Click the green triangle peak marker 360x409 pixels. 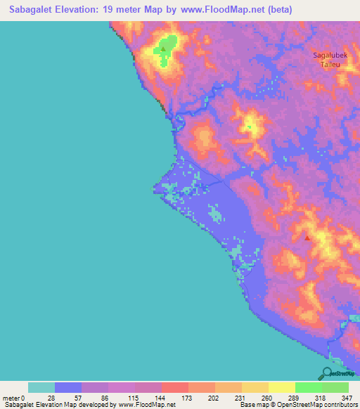pyautogui.click(x=163, y=49)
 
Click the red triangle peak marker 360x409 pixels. pyautogui.click(x=307, y=238)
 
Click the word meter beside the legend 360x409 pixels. pyautogui.click(x=11, y=397)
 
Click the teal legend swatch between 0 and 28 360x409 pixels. pyautogui.click(x=41, y=387)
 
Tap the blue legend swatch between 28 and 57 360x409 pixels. pyautogui.click(x=68, y=387)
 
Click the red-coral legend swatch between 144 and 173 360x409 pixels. pyautogui.click(x=175, y=387)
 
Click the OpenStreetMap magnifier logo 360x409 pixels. pyautogui.click(x=327, y=373)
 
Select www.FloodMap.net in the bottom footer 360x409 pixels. pyautogui.click(x=147, y=405)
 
